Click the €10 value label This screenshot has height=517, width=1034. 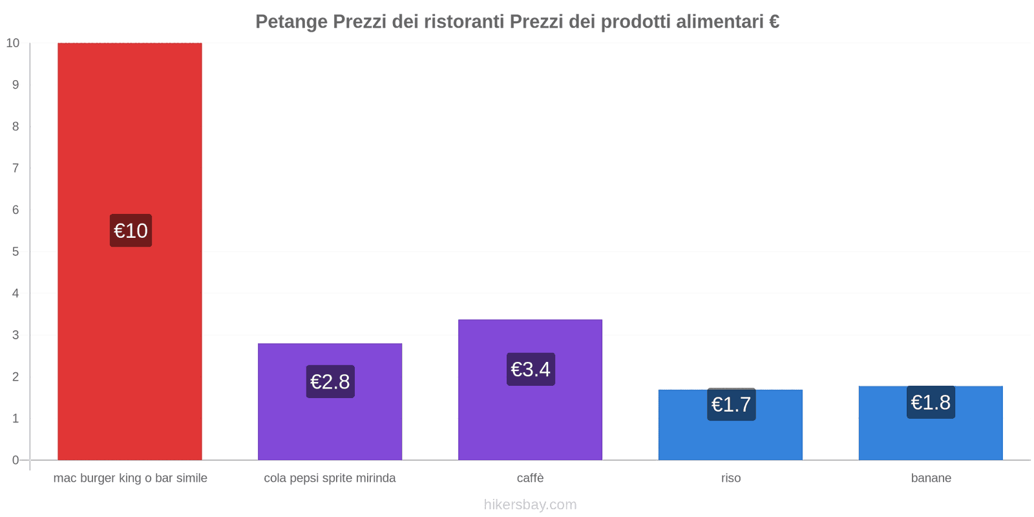[x=131, y=231]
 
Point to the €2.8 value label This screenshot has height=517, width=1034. [x=330, y=382]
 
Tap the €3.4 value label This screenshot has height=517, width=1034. [x=531, y=370]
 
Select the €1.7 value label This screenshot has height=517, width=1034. [x=731, y=405]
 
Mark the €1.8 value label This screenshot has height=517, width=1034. [x=931, y=403]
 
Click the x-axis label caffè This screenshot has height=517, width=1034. [x=530, y=478]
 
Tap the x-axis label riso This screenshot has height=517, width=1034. [x=731, y=478]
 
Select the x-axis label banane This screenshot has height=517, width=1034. [x=931, y=478]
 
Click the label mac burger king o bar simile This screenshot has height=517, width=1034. [x=130, y=478]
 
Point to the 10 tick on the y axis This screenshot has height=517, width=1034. [x=13, y=43]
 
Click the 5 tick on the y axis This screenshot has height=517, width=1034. [x=16, y=252]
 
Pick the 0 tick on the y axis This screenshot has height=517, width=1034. [x=16, y=460]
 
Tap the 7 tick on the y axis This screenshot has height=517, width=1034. [x=16, y=168]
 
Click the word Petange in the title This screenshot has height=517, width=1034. [x=291, y=22]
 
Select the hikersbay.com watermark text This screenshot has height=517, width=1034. [x=530, y=505]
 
